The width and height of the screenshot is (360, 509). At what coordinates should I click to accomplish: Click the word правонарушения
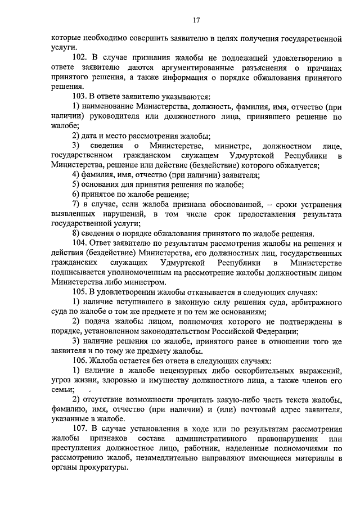tap(287, 438)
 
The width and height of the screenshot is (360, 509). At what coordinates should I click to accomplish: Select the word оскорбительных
tap(246, 371)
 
